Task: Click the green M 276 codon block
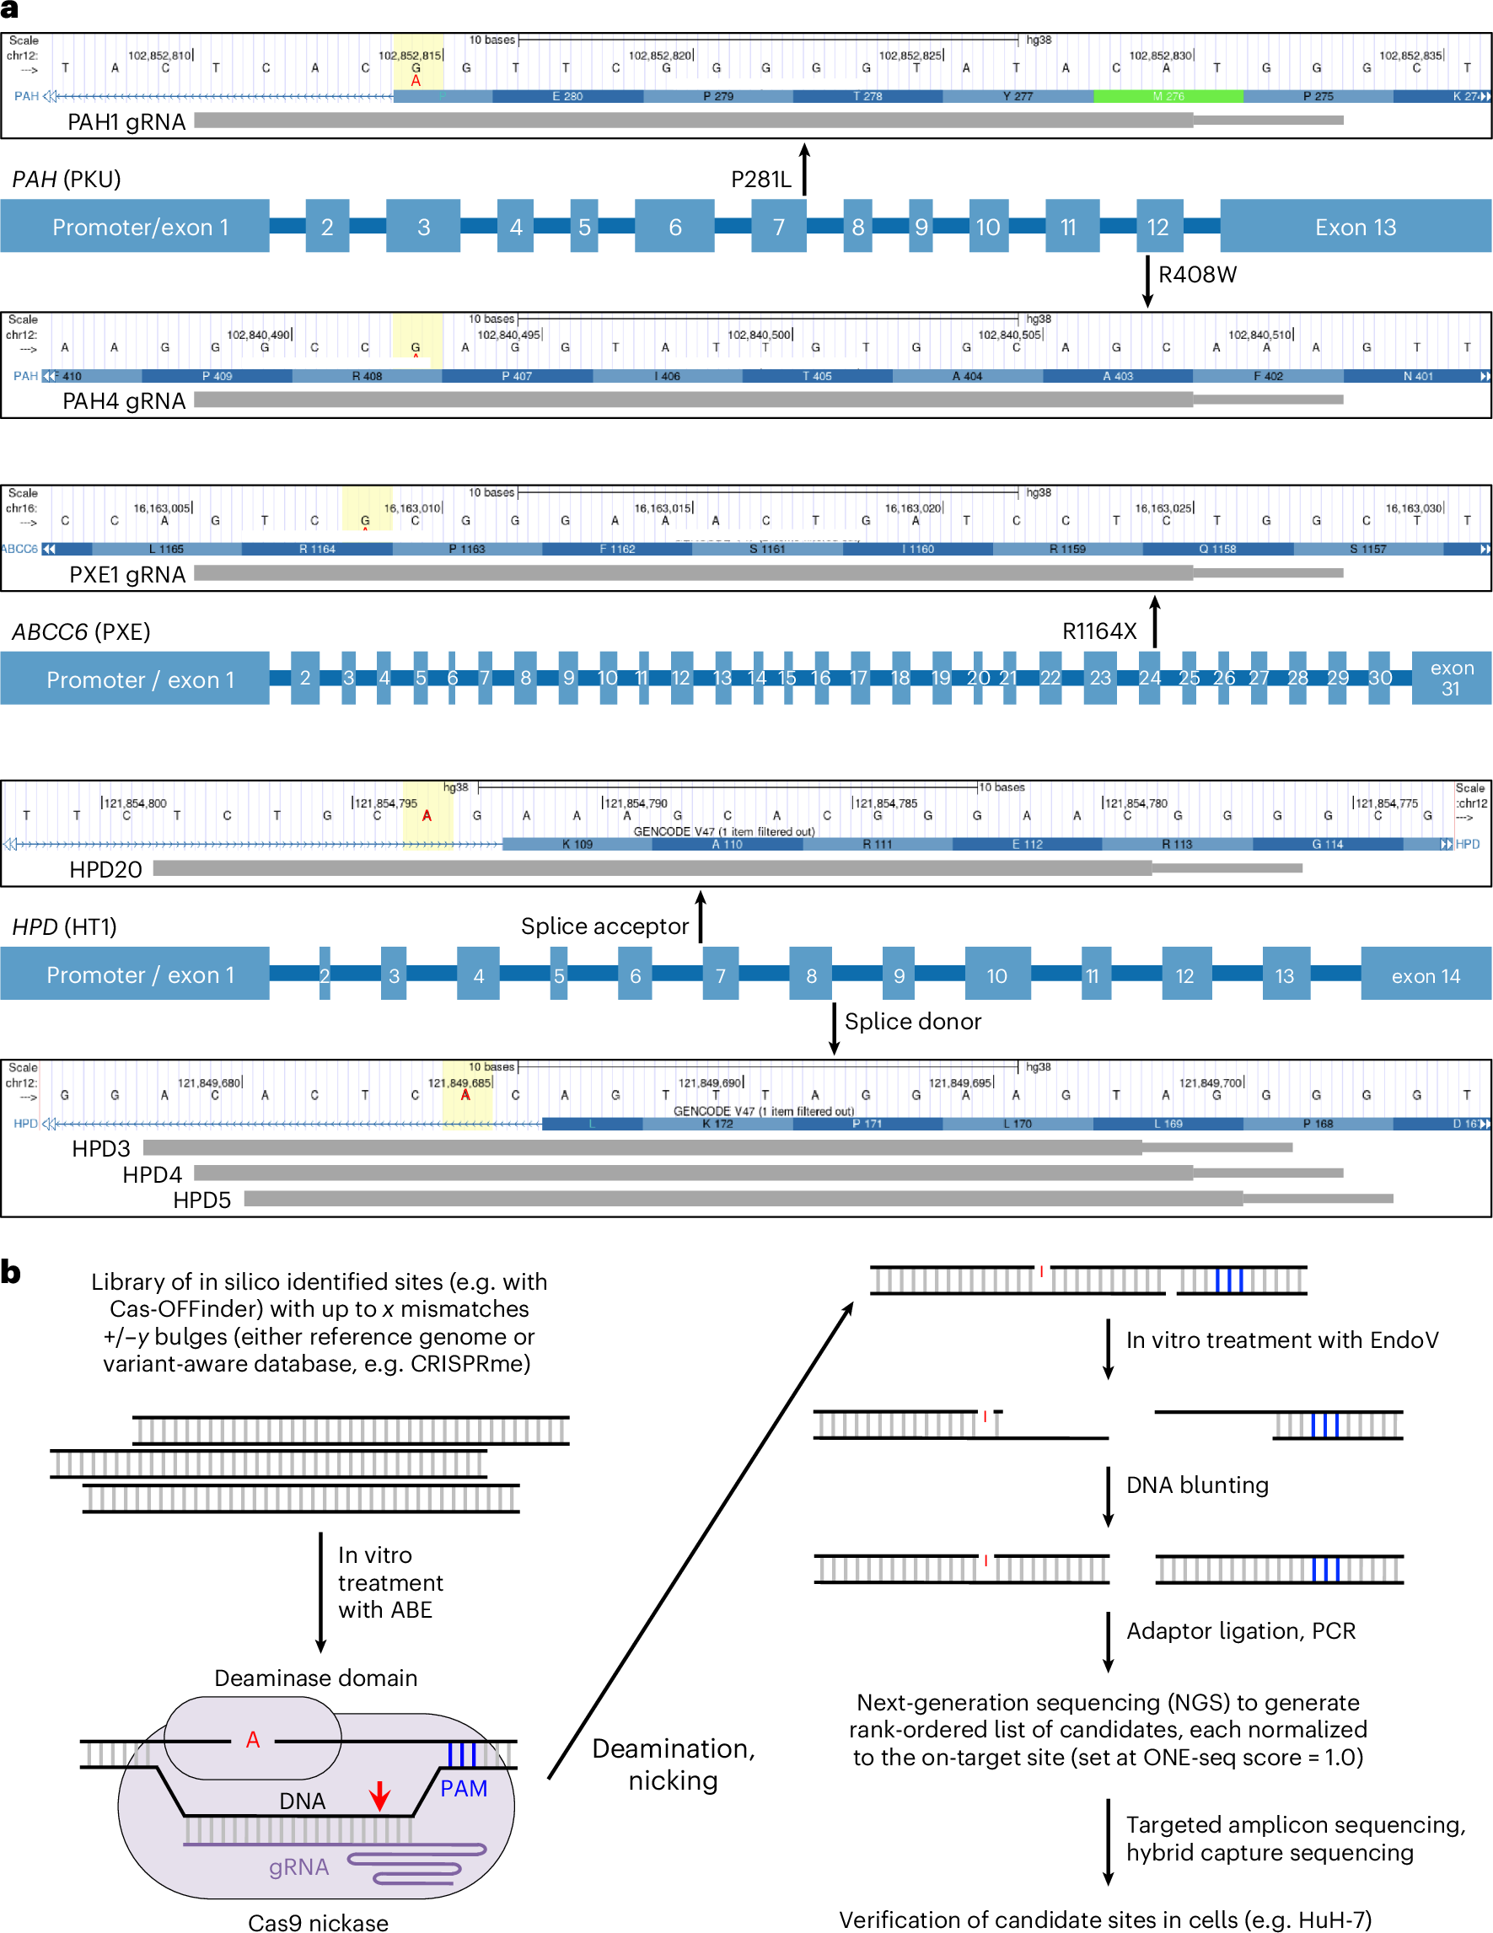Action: click(x=1168, y=95)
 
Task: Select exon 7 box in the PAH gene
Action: click(x=778, y=227)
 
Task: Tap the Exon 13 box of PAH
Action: click(x=1354, y=227)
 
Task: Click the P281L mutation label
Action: click(x=760, y=180)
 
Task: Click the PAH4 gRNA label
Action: click(x=124, y=401)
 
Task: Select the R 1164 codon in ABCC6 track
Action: click(x=317, y=549)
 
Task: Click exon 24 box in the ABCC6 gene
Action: click(x=1149, y=678)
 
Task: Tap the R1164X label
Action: click(x=1098, y=631)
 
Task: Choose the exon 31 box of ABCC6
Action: click(x=1451, y=678)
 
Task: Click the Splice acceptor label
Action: click(x=604, y=926)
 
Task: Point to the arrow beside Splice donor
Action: click(x=834, y=1028)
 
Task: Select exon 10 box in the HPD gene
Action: click(x=996, y=975)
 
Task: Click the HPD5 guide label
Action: click(x=201, y=1200)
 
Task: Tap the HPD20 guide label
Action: click(x=105, y=869)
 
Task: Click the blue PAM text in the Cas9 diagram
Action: click(x=464, y=1789)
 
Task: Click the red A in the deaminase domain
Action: click(x=253, y=1740)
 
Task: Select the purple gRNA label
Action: click(x=298, y=1866)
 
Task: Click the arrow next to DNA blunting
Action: click(x=1108, y=1495)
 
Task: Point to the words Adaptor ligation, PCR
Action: click(x=1240, y=1630)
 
